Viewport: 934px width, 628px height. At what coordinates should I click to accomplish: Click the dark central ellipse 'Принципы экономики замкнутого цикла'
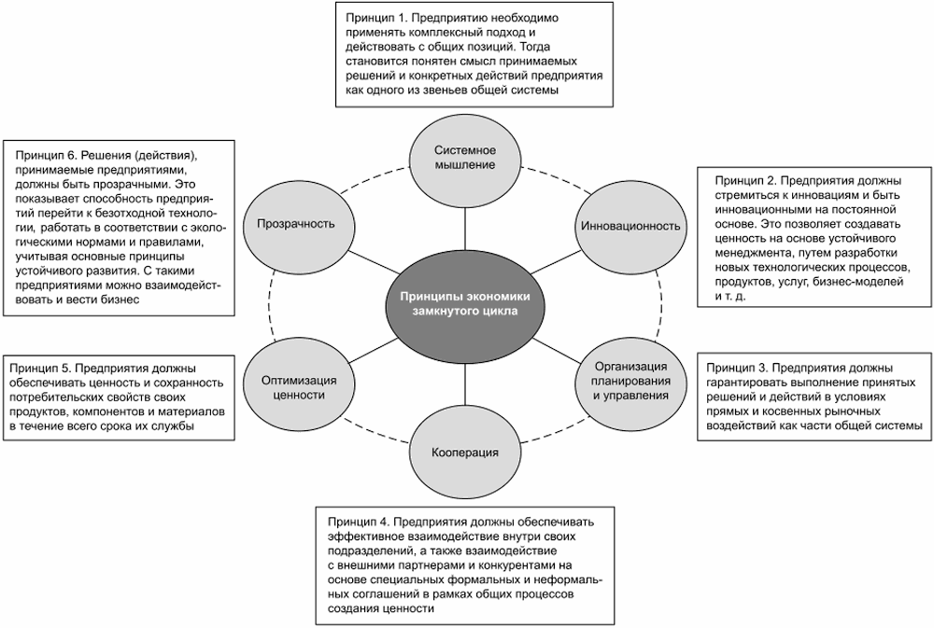tap(464, 303)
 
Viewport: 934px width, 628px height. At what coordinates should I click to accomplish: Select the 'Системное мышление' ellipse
tap(464, 160)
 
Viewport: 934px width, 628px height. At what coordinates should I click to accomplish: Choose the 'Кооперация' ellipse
tap(464, 453)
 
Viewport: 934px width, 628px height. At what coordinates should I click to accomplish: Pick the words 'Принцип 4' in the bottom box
tap(359, 520)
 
